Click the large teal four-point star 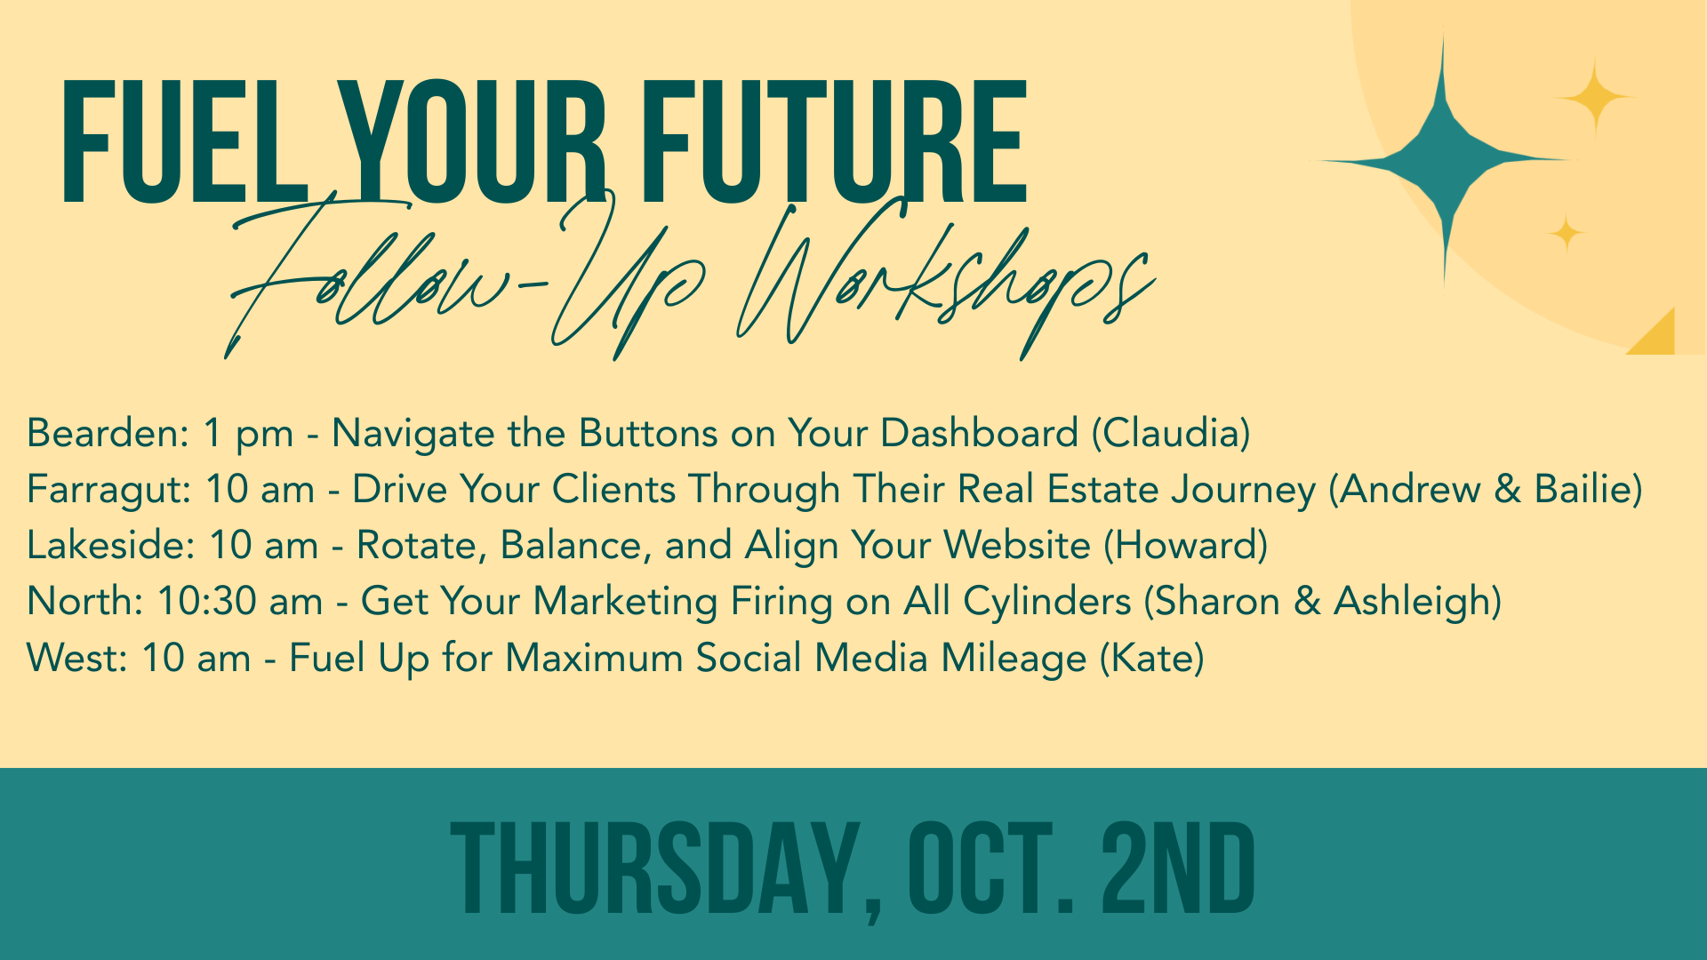(1443, 160)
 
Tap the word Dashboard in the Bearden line (979, 433)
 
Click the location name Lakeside (106, 545)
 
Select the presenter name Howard (1186, 545)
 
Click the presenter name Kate (1151, 658)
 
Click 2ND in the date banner (1178, 868)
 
